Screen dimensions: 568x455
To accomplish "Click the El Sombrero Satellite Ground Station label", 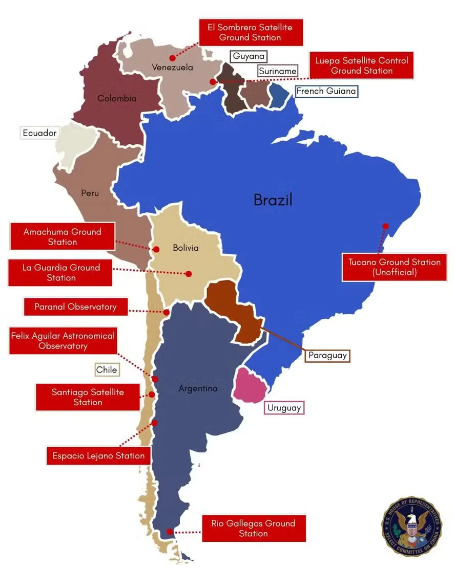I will tap(251, 32).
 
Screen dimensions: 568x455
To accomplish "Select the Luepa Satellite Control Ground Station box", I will tap(361, 65).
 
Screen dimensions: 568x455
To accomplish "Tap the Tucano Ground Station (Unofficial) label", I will tap(394, 267).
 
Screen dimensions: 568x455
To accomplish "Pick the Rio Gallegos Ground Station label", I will tap(254, 528).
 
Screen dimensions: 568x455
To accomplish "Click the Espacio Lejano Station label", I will tap(98, 455).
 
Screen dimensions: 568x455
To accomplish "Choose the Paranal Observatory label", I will tap(75, 307).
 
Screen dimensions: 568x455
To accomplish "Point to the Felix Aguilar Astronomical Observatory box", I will tap(63, 341).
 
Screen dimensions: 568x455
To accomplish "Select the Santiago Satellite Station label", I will tap(88, 397).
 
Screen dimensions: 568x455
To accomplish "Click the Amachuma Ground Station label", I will tap(62, 236).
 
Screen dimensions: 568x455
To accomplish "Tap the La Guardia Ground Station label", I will tap(60, 272).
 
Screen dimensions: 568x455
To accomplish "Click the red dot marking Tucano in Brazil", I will tap(385, 226).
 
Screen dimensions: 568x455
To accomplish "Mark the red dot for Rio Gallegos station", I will tap(170, 532).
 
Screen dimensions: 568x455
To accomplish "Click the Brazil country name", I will tap(273, 200).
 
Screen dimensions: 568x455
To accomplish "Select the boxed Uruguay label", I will tap(284, 408).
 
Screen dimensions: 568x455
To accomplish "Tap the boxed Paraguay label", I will tap(327, 355).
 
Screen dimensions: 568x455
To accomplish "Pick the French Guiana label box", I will tap(326, 91).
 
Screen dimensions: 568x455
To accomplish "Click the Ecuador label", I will tap(39, 133).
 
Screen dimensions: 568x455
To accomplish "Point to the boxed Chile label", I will tap(107, 369).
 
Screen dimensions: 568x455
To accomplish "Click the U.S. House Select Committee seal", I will tap(411, 525).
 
